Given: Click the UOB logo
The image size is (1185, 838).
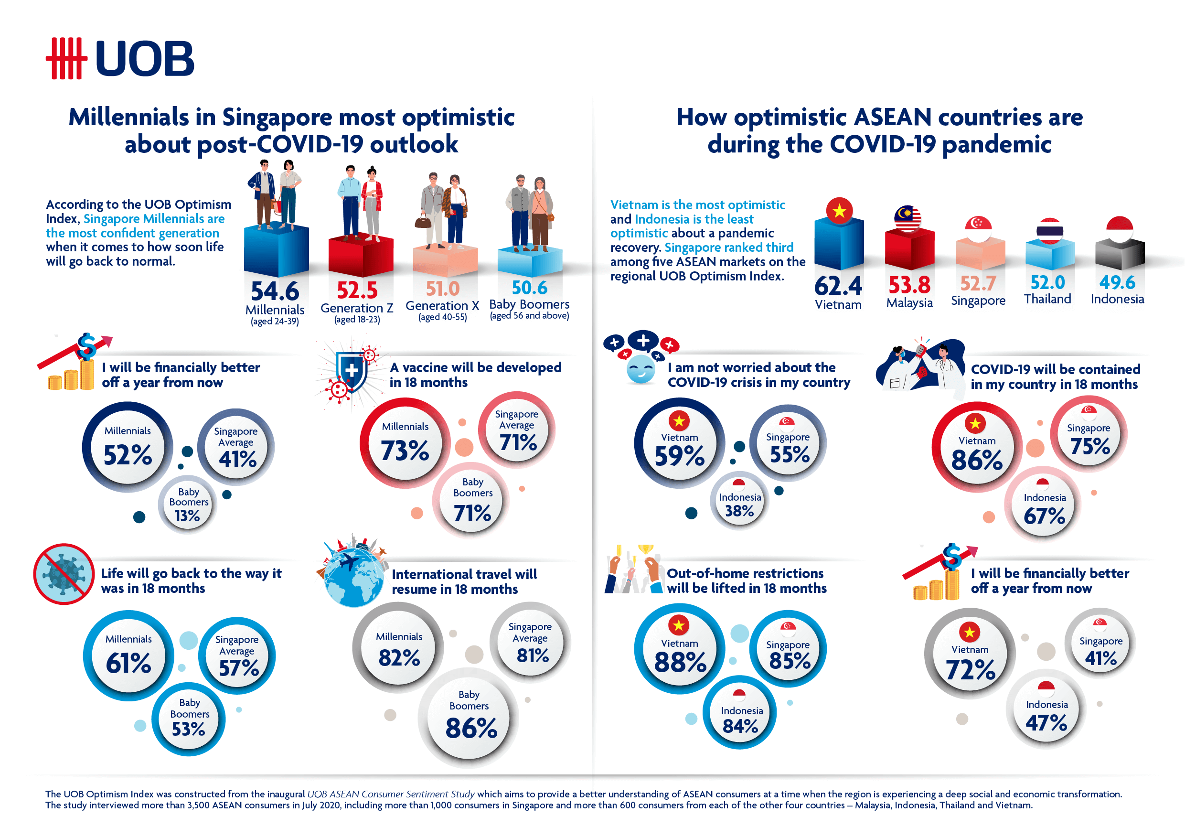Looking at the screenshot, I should point(120,58).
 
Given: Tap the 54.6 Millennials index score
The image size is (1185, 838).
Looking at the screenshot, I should point(275,291).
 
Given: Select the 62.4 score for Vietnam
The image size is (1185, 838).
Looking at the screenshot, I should point(838,286).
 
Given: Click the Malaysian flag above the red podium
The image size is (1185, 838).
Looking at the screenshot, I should point(908,219).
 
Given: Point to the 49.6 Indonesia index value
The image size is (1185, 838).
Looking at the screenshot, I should point(1117,282).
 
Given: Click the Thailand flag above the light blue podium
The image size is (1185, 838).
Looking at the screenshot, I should point(1049,231).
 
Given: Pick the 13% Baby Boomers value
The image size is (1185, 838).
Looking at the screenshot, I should point(187,516).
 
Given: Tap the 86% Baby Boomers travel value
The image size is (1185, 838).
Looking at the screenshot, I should point(471,728).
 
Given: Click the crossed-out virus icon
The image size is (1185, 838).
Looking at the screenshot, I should point(64,574).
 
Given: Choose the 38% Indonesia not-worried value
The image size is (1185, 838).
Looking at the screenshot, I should point(739,511).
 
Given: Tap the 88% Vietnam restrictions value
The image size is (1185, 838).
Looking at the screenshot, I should point(680,662).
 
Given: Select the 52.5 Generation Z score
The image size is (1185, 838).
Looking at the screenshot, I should point(357,290).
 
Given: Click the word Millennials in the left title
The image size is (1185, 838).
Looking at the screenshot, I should point(128,117).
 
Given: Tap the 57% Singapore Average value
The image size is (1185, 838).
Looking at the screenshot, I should point(238,668).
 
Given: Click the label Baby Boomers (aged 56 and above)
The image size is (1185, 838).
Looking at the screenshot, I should point(529,309).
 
